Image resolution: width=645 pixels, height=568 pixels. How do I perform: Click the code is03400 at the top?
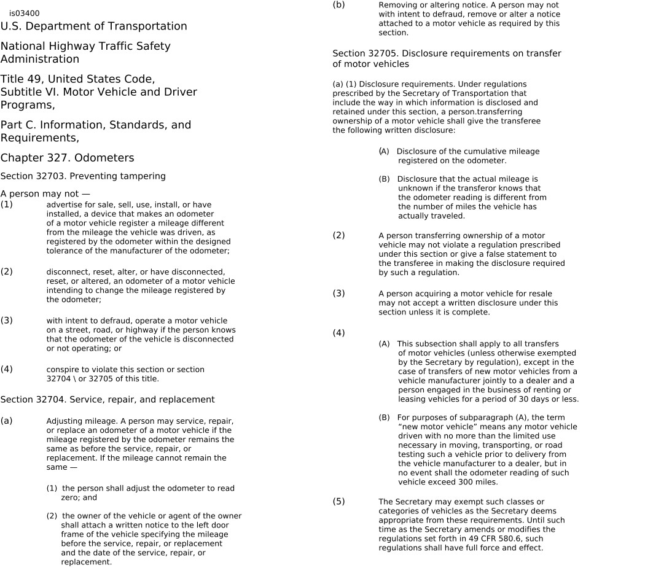tap(25, 13)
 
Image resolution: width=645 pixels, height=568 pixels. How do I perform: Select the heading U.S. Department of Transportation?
tap(93, 26)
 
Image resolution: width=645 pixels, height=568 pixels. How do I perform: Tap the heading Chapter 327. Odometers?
tap(67, 158)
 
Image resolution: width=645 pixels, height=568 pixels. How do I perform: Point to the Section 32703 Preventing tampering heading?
tap(83, 176)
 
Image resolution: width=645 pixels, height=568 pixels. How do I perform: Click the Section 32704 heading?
tap(107, 400)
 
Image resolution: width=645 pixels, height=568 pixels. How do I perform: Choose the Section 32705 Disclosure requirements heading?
tap(447, 58)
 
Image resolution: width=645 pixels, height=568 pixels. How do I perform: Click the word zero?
tap(70, 498)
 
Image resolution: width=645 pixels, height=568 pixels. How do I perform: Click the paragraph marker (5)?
tap(338, 502)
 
